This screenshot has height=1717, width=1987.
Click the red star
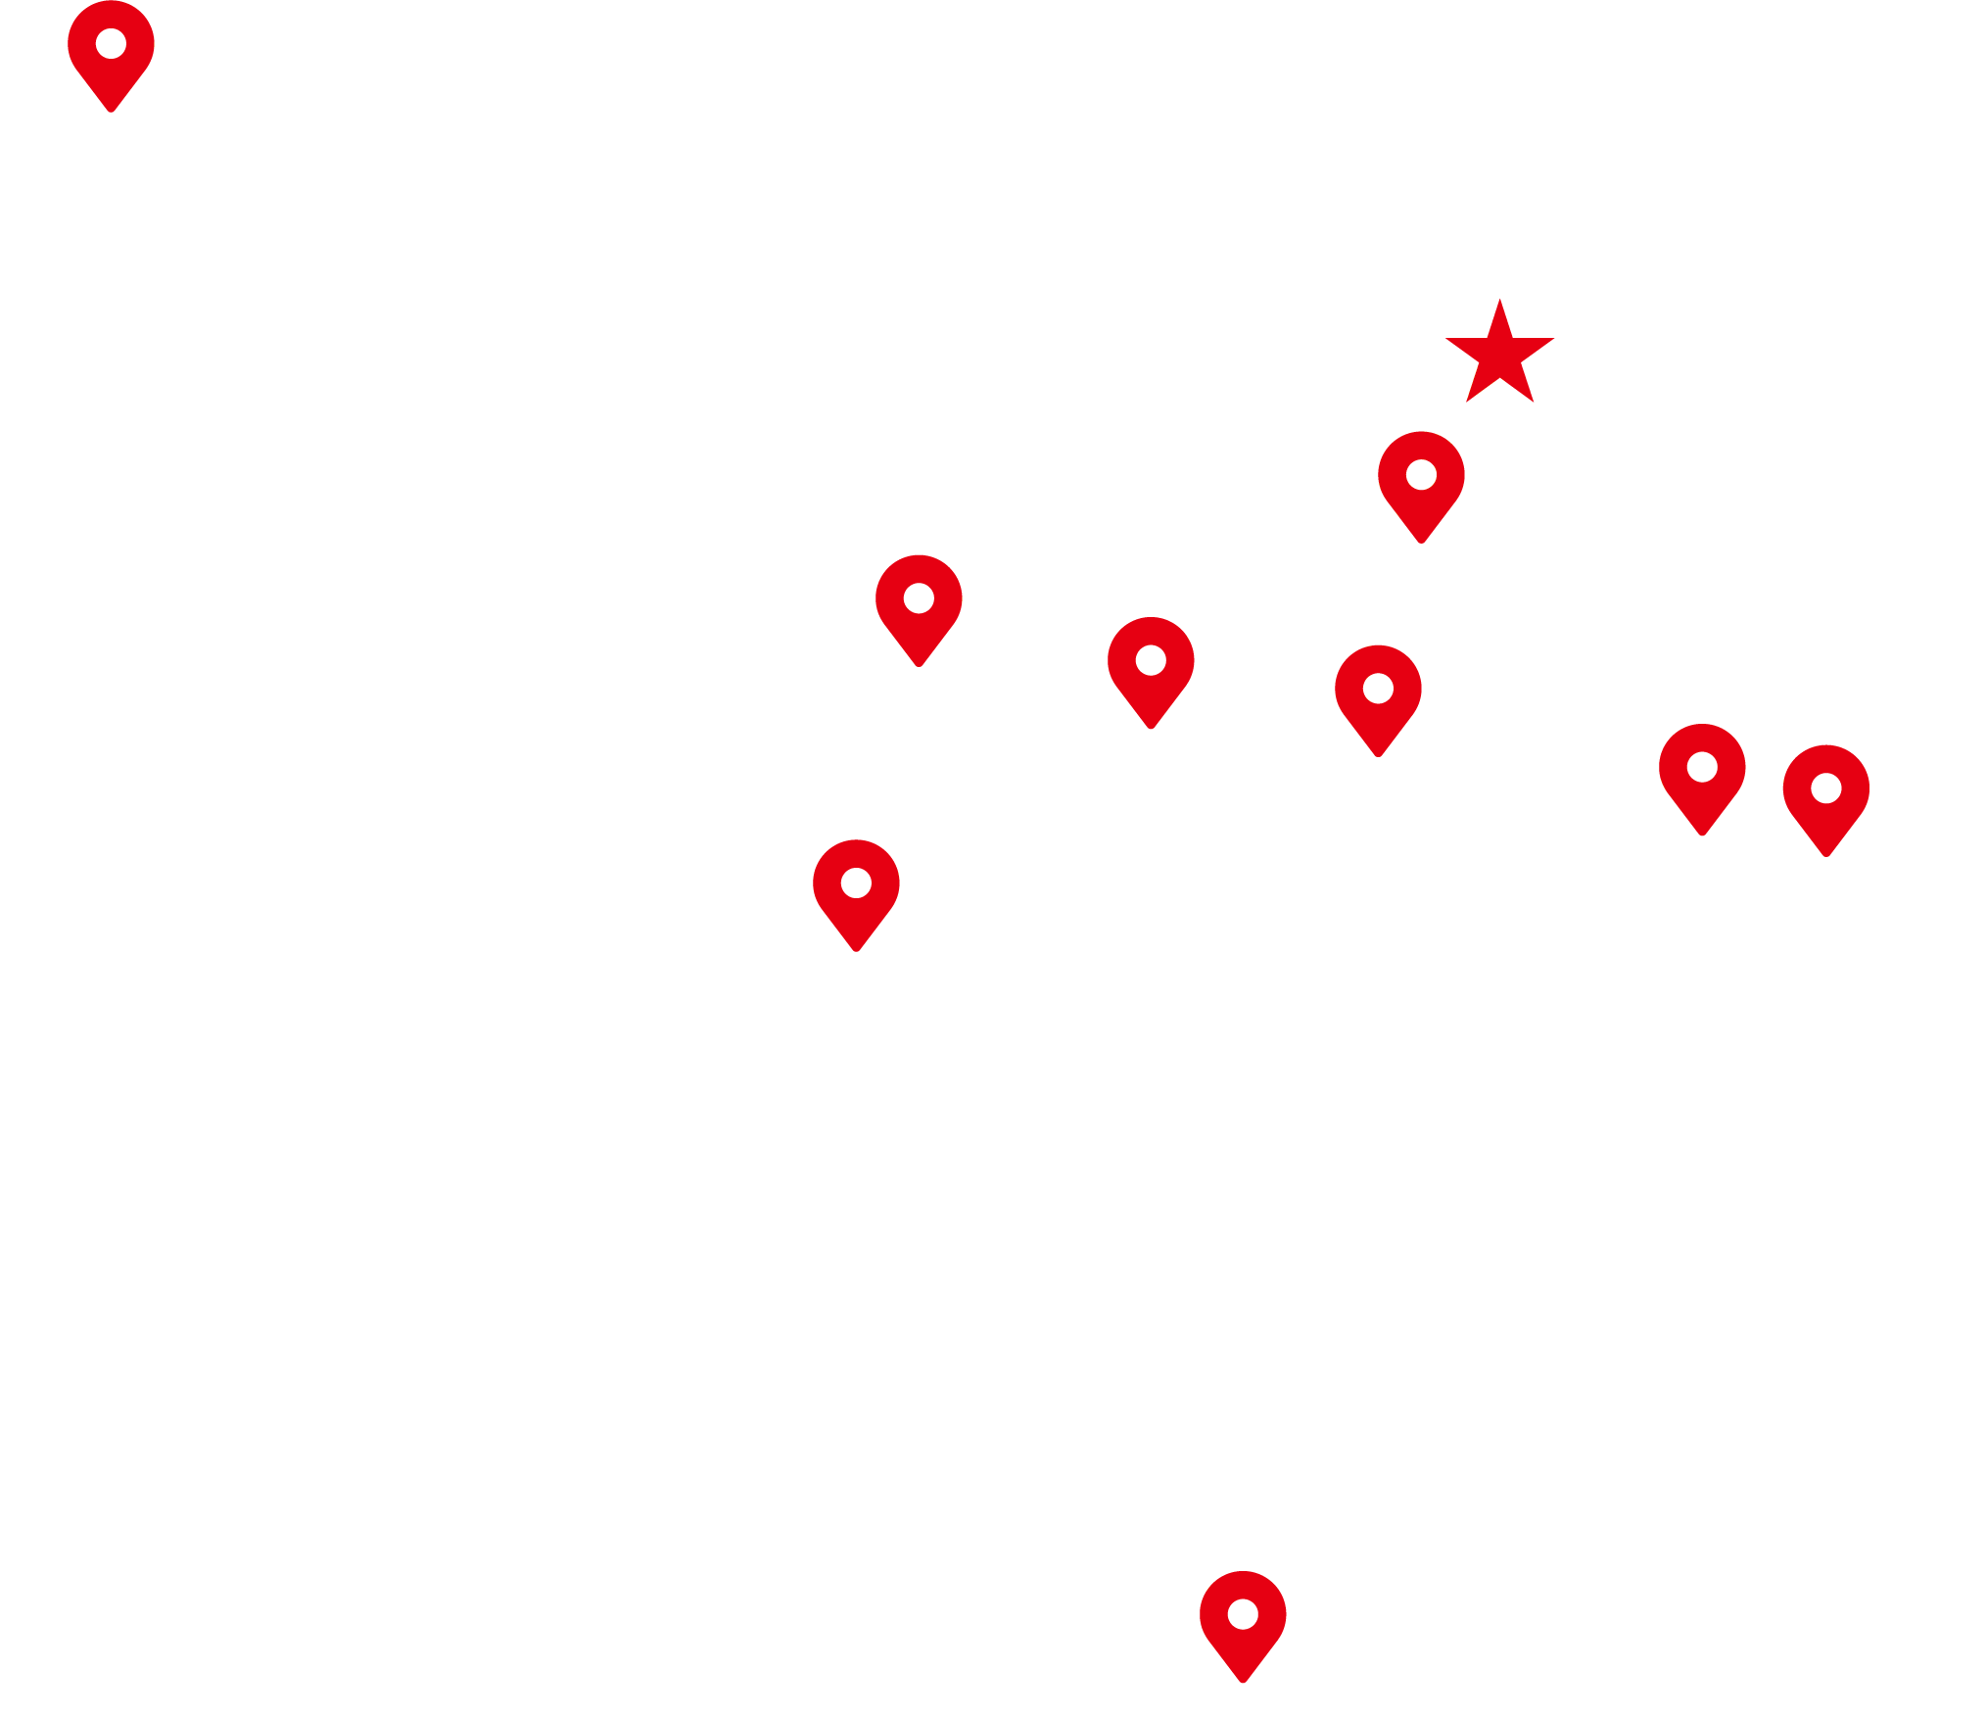pyautogui.click(x=1499, y=356)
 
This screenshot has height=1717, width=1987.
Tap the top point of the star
pyautogui.click(x=1499, y=300)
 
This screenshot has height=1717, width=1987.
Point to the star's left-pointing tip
pyautogui.click(x=1447, y=340)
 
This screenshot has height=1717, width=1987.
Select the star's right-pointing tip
pyautogui.click(x=1553, y=340)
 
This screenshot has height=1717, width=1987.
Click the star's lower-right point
pyautogui.click(x=1533, y=401)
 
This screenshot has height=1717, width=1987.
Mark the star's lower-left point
pyautogui.click(x=1467, y=401)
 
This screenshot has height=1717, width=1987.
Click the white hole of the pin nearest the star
pyautogui.click(x=1421, y=475)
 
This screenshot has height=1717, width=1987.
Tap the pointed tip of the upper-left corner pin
pyautogui.click(x=111, y=111)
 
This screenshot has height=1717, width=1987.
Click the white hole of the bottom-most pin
pyautogui.click(x=1243, y=1613)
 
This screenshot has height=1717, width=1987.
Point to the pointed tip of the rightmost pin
pyautogui.click(x=1825, y=855)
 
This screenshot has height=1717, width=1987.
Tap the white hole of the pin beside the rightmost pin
pyautogui.click(x=1702, y=767)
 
